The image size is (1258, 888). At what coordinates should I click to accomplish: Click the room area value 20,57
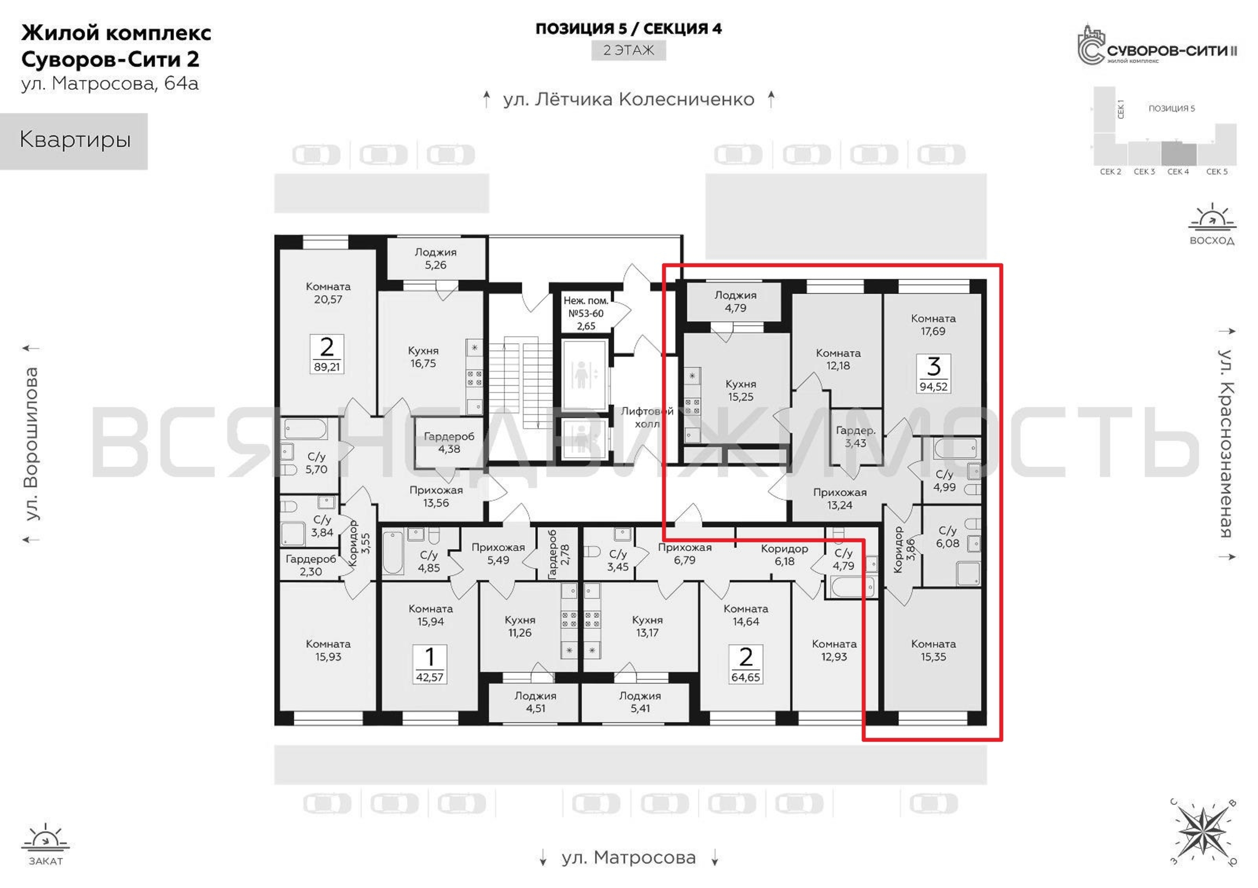[x=328, y=300]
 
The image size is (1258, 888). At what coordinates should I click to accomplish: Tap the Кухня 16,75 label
[x=423, y=357]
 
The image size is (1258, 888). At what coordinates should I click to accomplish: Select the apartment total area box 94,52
[x=934, y=374]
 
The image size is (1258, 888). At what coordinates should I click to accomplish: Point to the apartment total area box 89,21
[x=327, y=354]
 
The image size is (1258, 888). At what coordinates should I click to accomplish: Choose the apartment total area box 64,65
[x=746, y=665]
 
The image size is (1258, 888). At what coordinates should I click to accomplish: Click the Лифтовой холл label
[x=647, y=417]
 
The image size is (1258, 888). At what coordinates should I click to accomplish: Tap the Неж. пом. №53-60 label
[x=586, y=307]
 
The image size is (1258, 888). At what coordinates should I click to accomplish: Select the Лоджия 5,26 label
[x=436, y=258]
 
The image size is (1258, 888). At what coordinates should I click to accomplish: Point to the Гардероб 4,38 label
[x=449, y=443]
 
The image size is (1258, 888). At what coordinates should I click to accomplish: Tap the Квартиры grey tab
[x=74, y=141]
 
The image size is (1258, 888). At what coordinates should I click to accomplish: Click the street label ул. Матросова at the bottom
[x=629, y=857]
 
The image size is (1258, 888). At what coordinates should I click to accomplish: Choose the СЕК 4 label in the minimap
[x=1178, y=171]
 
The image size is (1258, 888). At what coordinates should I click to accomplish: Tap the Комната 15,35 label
[x=933, y=650]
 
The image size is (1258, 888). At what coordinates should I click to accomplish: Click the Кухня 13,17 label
[x=647, y=626]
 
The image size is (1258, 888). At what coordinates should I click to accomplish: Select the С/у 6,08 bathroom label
[x=947, y=537]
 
